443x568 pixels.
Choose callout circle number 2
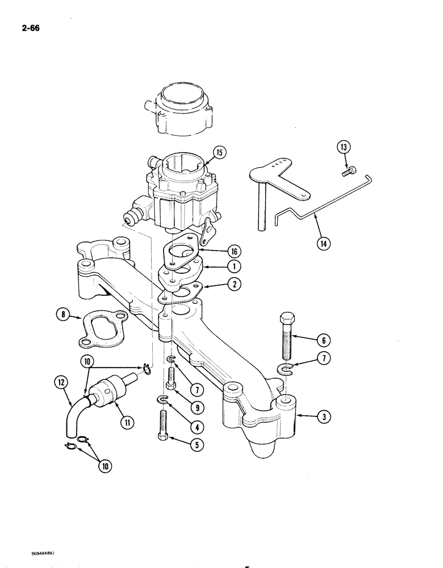233,285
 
